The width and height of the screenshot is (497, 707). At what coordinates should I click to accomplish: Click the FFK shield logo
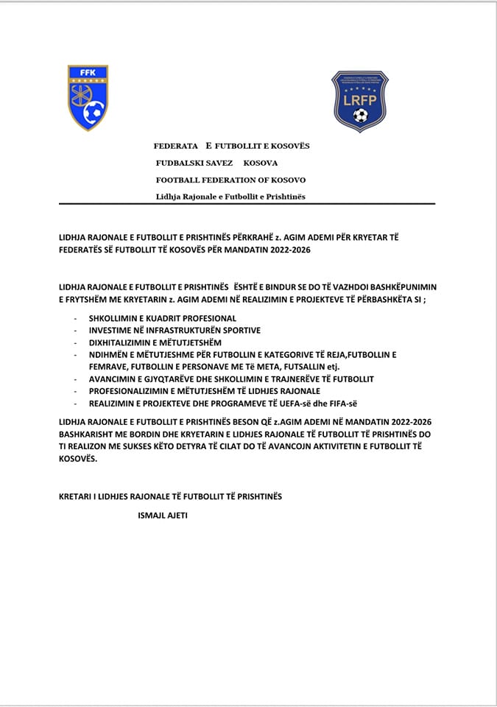click(x=88, y=97)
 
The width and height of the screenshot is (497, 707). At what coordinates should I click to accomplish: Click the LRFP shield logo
click(x=359, y=101)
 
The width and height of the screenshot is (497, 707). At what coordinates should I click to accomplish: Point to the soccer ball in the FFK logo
click(x=94, y=113)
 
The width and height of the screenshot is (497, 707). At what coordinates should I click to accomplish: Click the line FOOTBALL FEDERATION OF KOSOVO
click(x=230, y=180)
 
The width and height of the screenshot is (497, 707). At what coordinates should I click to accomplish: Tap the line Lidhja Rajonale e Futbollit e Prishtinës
click(x=230, y=197)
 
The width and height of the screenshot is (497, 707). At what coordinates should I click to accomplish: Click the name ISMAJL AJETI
click(x=163, y=515)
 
